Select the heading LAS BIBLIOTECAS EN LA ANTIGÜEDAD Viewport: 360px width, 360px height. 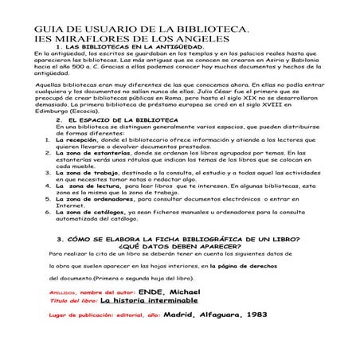tap(132, 48)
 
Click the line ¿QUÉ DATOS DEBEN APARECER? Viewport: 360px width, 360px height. tap(180, 247)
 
